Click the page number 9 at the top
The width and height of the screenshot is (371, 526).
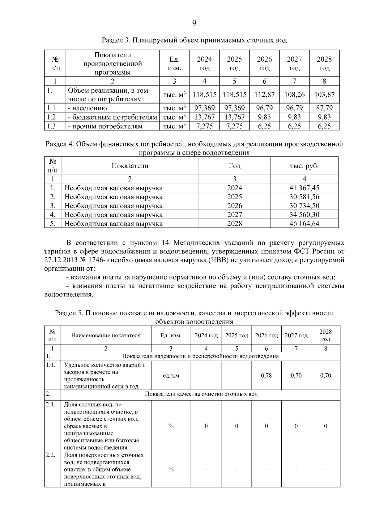tap(194, 23)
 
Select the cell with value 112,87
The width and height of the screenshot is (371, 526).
tap(264, 95)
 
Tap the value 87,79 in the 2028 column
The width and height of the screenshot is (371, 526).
tap(324, 108)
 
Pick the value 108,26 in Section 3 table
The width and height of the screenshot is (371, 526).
tap(294, 95)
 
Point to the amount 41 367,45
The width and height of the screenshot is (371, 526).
tap(304, 188)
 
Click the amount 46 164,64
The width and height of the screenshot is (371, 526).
tap(304, 224)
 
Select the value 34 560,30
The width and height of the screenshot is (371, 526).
tap(304, 215)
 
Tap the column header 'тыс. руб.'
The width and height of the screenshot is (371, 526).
tap(304, 166)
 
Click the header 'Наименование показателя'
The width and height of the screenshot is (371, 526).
tap(106, 335)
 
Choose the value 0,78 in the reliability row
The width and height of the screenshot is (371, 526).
tap(266, 375)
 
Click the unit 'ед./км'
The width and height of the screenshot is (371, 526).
tap(171, 375)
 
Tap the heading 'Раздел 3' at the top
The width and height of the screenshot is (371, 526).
tap(113, 41)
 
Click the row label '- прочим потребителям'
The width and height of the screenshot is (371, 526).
tap(105, 126)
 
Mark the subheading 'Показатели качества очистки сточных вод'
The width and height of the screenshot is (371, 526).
tap(201, 394)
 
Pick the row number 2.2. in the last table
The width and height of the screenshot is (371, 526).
tap(50, 455)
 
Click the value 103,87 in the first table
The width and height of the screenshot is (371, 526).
tap(324, 95)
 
